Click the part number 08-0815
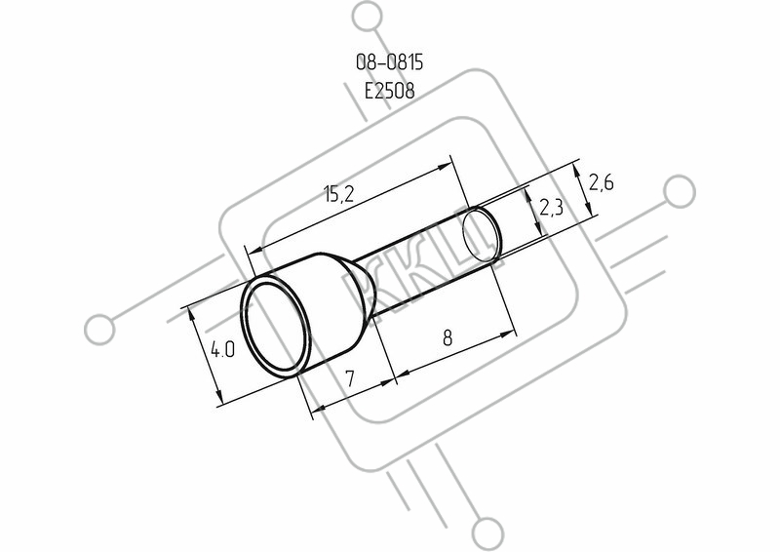[x=389, y=62]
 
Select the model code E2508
[x=389, y=91]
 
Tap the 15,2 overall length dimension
[x=338, y=193]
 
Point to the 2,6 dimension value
[x=601, y=182]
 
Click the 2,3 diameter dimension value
[x=551, y=207]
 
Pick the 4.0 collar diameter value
[x=222, y=349]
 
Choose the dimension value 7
[x=350, y=378]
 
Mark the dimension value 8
[x=448, y=338]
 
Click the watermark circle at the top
[x=369, y=16]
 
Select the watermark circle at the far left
[x=99, y=329]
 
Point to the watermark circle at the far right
[x=680, y=191]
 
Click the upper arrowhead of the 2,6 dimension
[x=576, y=171]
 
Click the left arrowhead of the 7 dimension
[x=319, y=409]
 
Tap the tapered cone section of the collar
[x=359, y=292]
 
